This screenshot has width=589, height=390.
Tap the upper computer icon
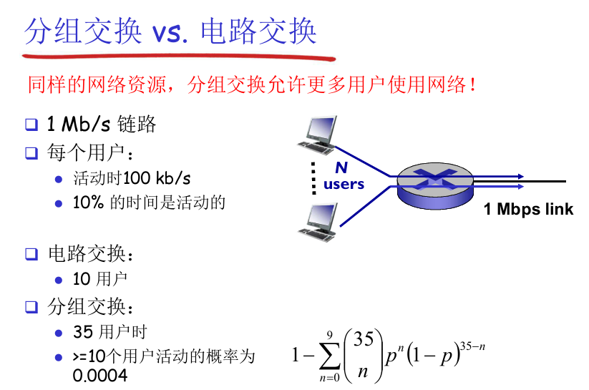(x=317, y=134)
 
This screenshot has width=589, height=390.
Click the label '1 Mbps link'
(x=528, y=210)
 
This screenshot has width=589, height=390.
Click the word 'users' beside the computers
(x=344, y=185)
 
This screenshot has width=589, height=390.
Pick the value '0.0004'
(x=100, y=375)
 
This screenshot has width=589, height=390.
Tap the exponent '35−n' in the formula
(x=473, y=347)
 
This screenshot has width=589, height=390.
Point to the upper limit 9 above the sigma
(x=329, y=334)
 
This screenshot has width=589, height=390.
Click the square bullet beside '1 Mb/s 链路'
(x=31, y=125)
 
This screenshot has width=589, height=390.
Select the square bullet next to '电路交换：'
(x=31, y=253)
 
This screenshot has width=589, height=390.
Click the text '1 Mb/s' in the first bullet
(x=79, y=125)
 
